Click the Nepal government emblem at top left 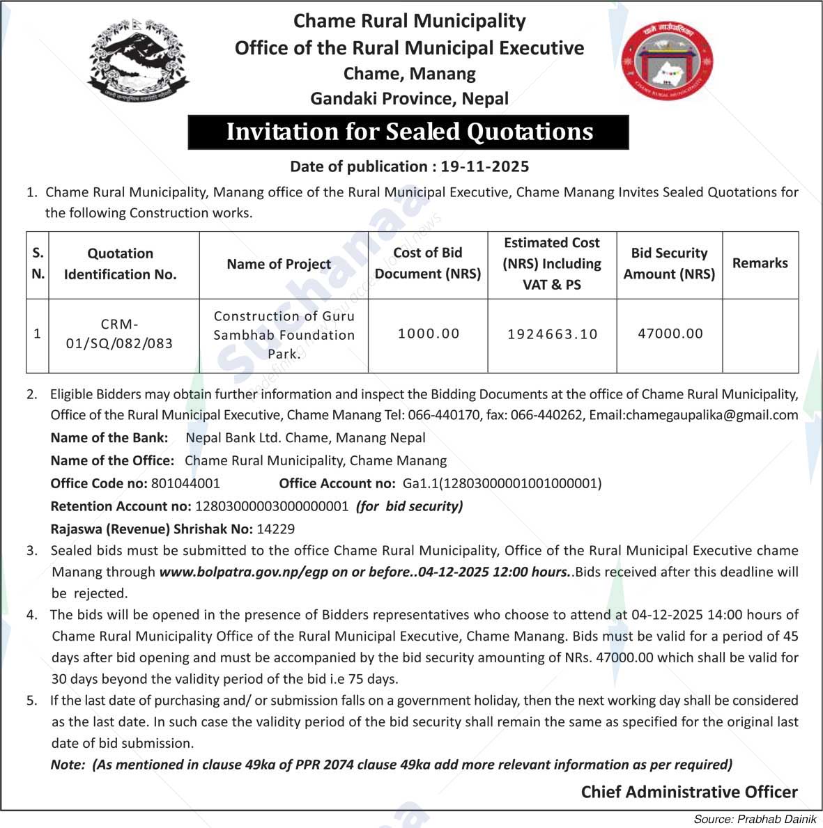pyautogui.click(x=139, y=61)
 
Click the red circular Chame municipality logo pyautogui.click(x=667, y=61)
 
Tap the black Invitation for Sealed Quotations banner pyautogui.click(x=408, y=132)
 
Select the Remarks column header pyautogui.click(x=760, y=263)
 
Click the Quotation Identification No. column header pyautogui.click(x=120, y=264)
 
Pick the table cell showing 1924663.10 pyautogui.click(x=552, y=334)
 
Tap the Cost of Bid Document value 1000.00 pyautogui.click(x=429, y=334)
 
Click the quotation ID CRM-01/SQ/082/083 pyautogui.click(x=119, y=334)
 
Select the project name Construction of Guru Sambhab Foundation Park pyautogui.click(x=284, y=334)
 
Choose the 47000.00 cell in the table pyautogui.click(x=670, y=334)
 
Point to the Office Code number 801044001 pyautogui.click(x=185, y=483)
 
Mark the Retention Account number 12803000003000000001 pyautogui.click(x=272, y=506)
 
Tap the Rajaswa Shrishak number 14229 pyautogui.click(x=276, y=529)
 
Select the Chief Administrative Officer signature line pyautogui.click(x=689, y=792)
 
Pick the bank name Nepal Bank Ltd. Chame pyautogui.click(x=305, y=438)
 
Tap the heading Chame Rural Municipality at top pyautogui.click(x=409, y=21)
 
